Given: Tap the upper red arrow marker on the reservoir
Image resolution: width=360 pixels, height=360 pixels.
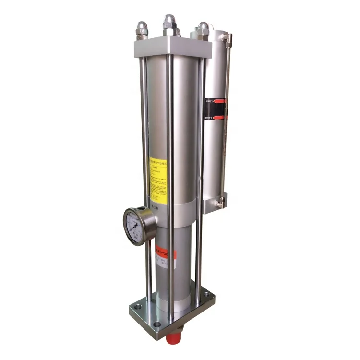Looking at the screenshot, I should coord(218,101).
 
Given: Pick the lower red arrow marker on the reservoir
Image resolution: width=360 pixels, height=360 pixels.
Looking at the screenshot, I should coord(219,117).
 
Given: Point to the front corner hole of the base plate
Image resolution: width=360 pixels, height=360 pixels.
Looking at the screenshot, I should coord(157,324).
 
